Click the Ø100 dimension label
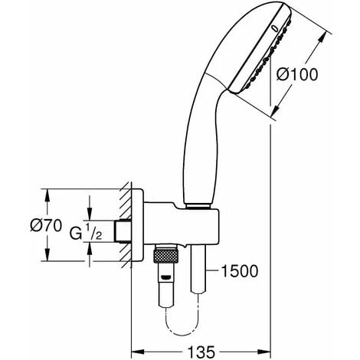pyautogui.click(x=297, y=75)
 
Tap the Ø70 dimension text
pyautogui.click(x=46, y=226)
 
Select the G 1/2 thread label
pyautogui.click(x=86, y=232)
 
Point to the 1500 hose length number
pyautogui.click(x=239, y=271)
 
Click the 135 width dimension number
pyautogui.click(x=201, y=352)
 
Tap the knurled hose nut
pyautogui.click(x=165, y=256)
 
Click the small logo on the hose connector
pyautogui.click(x=165, y=277)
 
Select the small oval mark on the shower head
pyautogui.click(x=275, y=28)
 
